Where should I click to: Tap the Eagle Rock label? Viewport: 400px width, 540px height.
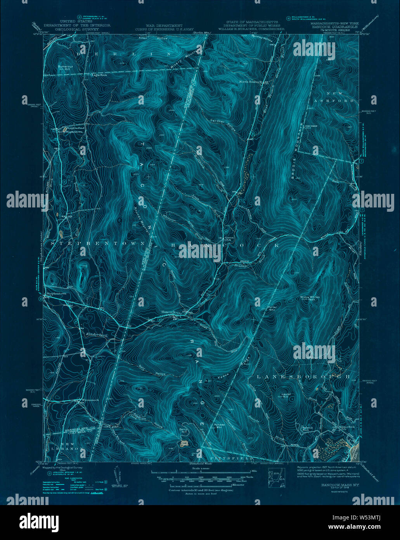99,75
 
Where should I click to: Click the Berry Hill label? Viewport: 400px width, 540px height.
183,430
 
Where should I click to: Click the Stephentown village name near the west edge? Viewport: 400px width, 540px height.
56,294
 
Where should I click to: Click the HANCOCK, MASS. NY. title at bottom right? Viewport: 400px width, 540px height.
334,485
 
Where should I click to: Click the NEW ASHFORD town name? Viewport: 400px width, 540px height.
340,97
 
